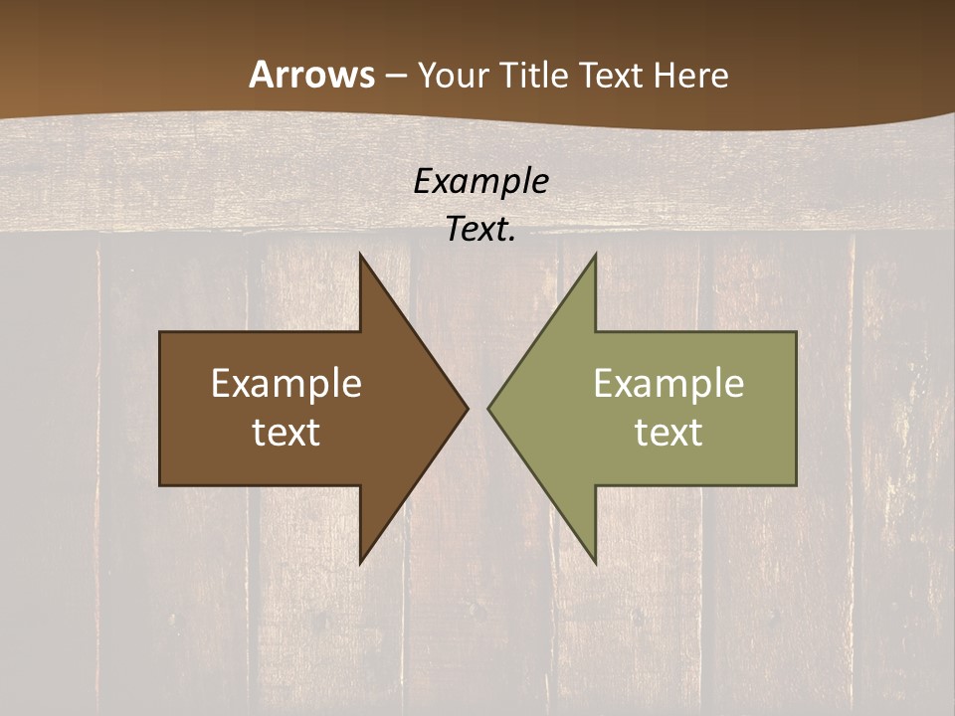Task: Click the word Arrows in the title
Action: [312, 75]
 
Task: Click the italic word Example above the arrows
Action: [480, 182]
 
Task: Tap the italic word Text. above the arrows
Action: [480, 230]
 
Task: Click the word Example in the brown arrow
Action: [286, 384]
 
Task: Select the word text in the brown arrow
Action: [286, 433]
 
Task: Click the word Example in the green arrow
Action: [668, 384]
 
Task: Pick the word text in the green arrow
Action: [668, 433]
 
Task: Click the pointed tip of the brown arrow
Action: [468, 408]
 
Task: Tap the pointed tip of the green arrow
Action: [488, 408]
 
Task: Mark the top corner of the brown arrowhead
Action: [361, 255]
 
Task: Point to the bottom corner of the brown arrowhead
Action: [361, 563]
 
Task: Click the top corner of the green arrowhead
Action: [595, 255]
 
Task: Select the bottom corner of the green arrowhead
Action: [595, 563]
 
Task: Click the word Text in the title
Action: [611, 75]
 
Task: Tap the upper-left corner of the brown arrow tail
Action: [161, 333]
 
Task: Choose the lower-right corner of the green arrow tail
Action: [796, 484]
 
